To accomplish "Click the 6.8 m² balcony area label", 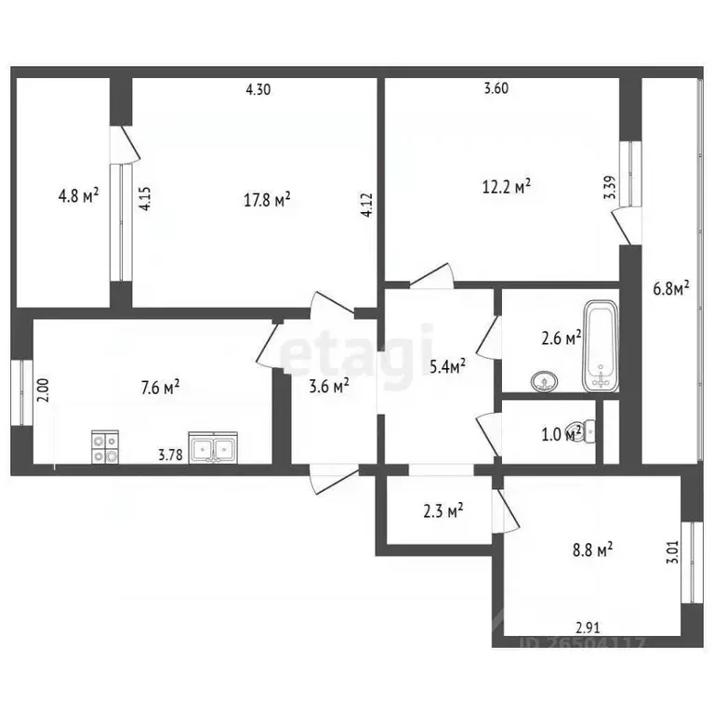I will coord(671,289).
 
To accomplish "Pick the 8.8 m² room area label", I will coord(591,551).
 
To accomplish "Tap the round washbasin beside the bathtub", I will coord(542,380).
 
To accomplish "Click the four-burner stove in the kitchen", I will coord(104,448).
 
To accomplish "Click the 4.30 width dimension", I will coord(259,90).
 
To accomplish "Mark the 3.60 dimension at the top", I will coord(497,90).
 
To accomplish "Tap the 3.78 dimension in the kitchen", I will coord(170,455).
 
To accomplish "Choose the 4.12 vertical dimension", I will coord(367,204).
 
